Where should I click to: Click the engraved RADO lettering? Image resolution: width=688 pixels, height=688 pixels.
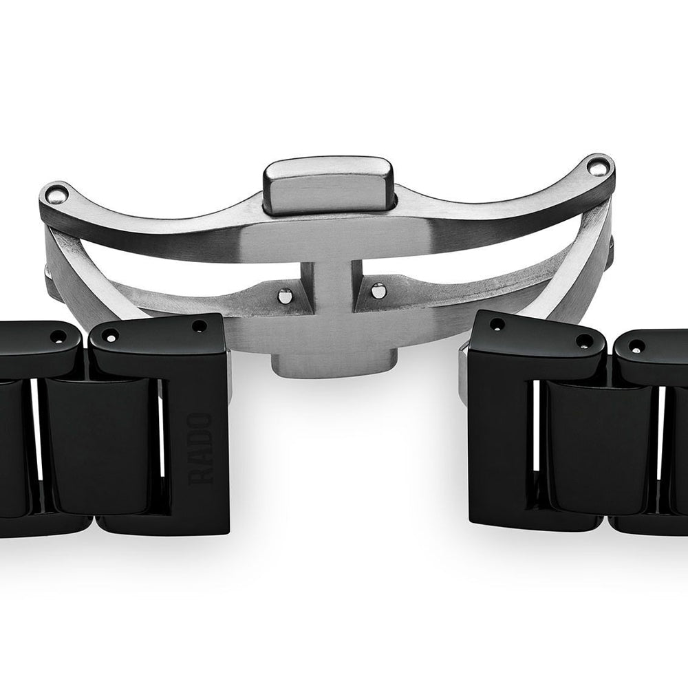pyautogui.click(x=200, y=448)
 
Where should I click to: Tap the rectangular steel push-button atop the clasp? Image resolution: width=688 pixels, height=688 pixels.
pyautogui.click(x=330, y=186)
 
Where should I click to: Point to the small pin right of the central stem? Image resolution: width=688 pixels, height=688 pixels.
pyautogui.click(x=376, y=290)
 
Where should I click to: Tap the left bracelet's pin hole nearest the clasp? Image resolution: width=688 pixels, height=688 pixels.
pyautogui.click(x=200, y=326)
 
